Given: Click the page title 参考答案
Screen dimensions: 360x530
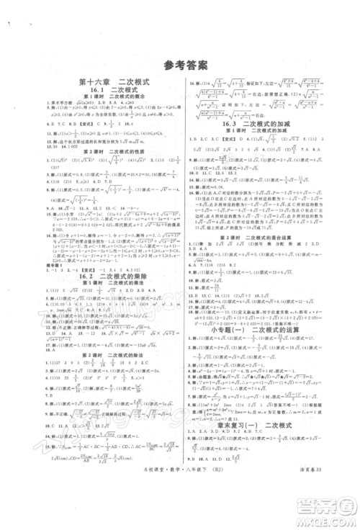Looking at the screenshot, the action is [180, 63].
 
